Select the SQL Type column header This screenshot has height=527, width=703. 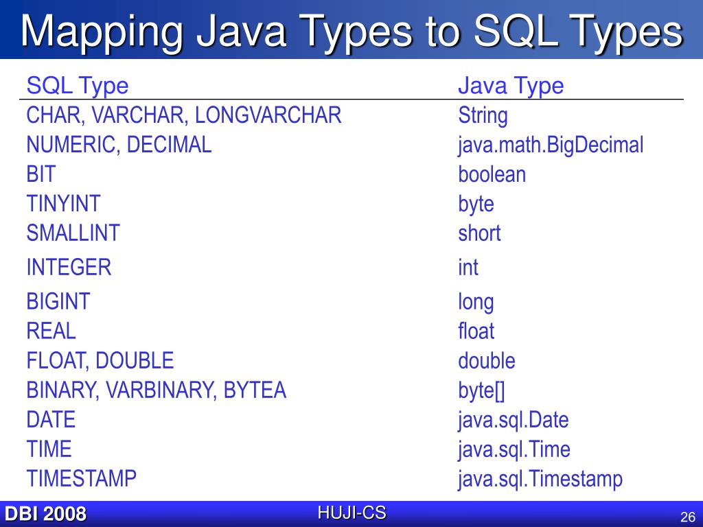point(77,86)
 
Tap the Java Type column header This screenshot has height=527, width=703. point(510,86)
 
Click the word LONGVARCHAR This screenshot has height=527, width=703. point(268,115)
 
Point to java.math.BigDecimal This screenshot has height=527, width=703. point(551,145)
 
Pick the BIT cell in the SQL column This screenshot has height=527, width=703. point(41,174)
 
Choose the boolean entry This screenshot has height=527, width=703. point(492,174)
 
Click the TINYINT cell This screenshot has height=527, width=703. point(63,204)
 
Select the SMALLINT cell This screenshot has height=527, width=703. point(73,233)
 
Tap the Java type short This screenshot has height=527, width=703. point(479,233)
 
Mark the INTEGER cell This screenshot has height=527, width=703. point(69,267)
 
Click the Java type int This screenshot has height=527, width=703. point(468,267)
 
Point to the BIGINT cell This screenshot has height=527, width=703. point(58,301)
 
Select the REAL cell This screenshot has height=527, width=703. point(51,331)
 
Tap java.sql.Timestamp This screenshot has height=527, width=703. point(540,479)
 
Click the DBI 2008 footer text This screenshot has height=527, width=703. point(45,514)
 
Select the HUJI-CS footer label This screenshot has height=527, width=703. point(351,512)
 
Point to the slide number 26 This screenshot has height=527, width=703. point(688,517)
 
